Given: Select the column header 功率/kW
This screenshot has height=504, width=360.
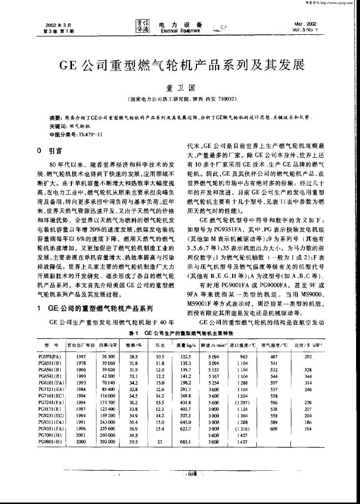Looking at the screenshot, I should (107, 345).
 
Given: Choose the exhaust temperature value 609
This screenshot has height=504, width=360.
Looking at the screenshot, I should (274, 427).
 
